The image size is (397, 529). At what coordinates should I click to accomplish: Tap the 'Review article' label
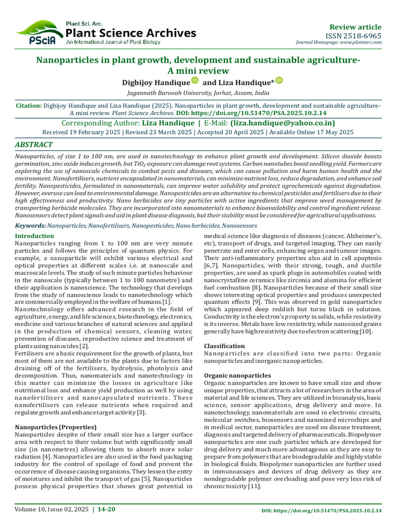[356, 27]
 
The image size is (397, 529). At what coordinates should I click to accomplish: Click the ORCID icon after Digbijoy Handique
[195, 80]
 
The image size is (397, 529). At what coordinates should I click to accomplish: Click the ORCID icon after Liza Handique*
[279, 80]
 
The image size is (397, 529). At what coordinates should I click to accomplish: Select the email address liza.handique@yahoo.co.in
[282, 123]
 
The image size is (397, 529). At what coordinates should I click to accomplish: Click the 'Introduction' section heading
[35, 236]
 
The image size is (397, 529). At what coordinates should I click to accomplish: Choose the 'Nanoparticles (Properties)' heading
[56, 427]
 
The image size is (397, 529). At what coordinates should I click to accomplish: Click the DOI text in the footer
[321, 510]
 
